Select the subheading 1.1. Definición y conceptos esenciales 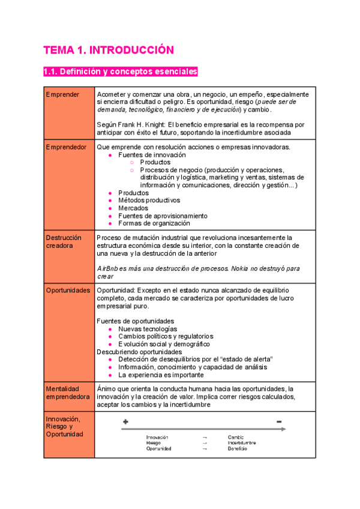pos(120,72)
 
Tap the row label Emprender pos(62,94)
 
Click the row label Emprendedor pos(66,147)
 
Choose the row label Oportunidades pos(68,290)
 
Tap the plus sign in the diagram pos(125,422)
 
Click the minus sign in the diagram pos(279,422)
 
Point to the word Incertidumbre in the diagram pos(242,443)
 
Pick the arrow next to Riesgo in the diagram pos(205,443)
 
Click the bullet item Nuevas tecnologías pos(147,329)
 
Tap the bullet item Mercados pos(133,208)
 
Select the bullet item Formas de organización pos(149,223)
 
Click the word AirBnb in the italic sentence pos(107,268)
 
